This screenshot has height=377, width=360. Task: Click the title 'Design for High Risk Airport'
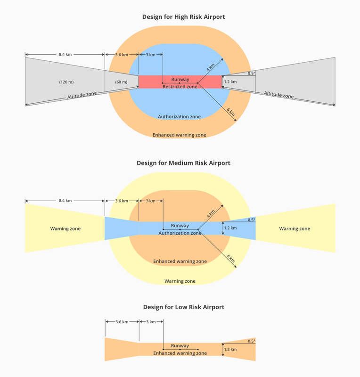point(183,17)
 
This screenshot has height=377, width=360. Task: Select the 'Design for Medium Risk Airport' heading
point(183,163)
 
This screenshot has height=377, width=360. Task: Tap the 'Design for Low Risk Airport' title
point(183,307)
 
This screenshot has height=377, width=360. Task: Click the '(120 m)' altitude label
point(66,82)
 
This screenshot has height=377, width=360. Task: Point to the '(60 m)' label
point(121,82)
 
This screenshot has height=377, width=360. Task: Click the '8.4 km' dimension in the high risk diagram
point(65,54)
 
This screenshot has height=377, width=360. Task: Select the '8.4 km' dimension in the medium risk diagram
point(65,201)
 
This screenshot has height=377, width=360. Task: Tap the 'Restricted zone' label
point(180,87)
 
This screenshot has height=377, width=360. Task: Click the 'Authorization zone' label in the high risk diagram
point(179,116)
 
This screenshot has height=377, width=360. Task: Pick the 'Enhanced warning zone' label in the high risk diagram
point(179,135)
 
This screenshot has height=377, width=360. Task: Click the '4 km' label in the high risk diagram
point(211,67)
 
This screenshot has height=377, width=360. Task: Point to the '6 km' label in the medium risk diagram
point(231,258)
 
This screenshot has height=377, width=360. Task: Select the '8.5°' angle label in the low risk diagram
point(252,341)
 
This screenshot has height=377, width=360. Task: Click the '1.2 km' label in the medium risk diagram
point(230,228)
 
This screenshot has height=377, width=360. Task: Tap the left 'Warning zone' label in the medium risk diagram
point(65,229)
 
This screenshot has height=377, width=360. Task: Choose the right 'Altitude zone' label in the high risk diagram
point(279,95)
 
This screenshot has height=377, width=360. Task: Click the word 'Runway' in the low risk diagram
point(180,345)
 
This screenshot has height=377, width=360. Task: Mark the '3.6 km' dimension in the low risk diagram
point(122,322)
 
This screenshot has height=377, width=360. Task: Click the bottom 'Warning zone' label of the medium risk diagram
point(180,281)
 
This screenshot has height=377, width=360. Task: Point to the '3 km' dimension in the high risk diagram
point(150,55)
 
